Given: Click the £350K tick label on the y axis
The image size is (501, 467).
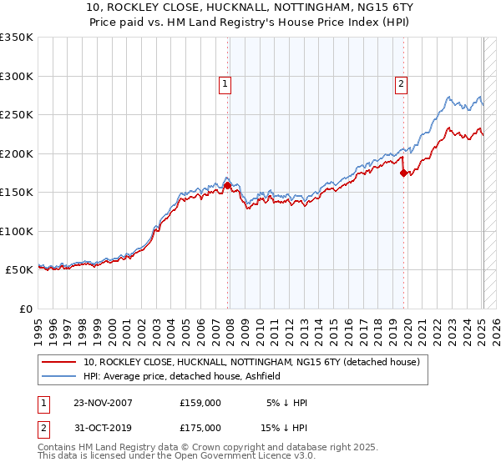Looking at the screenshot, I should click(x=17, y=38).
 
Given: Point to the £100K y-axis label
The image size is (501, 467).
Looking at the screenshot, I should click(x=17, y=231).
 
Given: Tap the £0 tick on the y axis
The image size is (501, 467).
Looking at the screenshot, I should click(x=27, y=309).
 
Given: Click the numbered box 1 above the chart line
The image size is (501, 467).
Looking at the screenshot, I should click(x=225, y=83).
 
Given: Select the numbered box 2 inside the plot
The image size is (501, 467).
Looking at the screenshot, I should click(x=402, y=83).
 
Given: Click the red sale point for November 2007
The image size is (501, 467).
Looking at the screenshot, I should click(x=227, y=186).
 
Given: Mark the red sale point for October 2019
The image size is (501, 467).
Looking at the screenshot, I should click(x=403, y=173).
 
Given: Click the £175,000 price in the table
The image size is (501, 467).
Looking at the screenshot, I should click(x=200, y=428).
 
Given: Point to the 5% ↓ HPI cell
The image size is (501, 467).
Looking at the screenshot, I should click(x=287, y=403).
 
